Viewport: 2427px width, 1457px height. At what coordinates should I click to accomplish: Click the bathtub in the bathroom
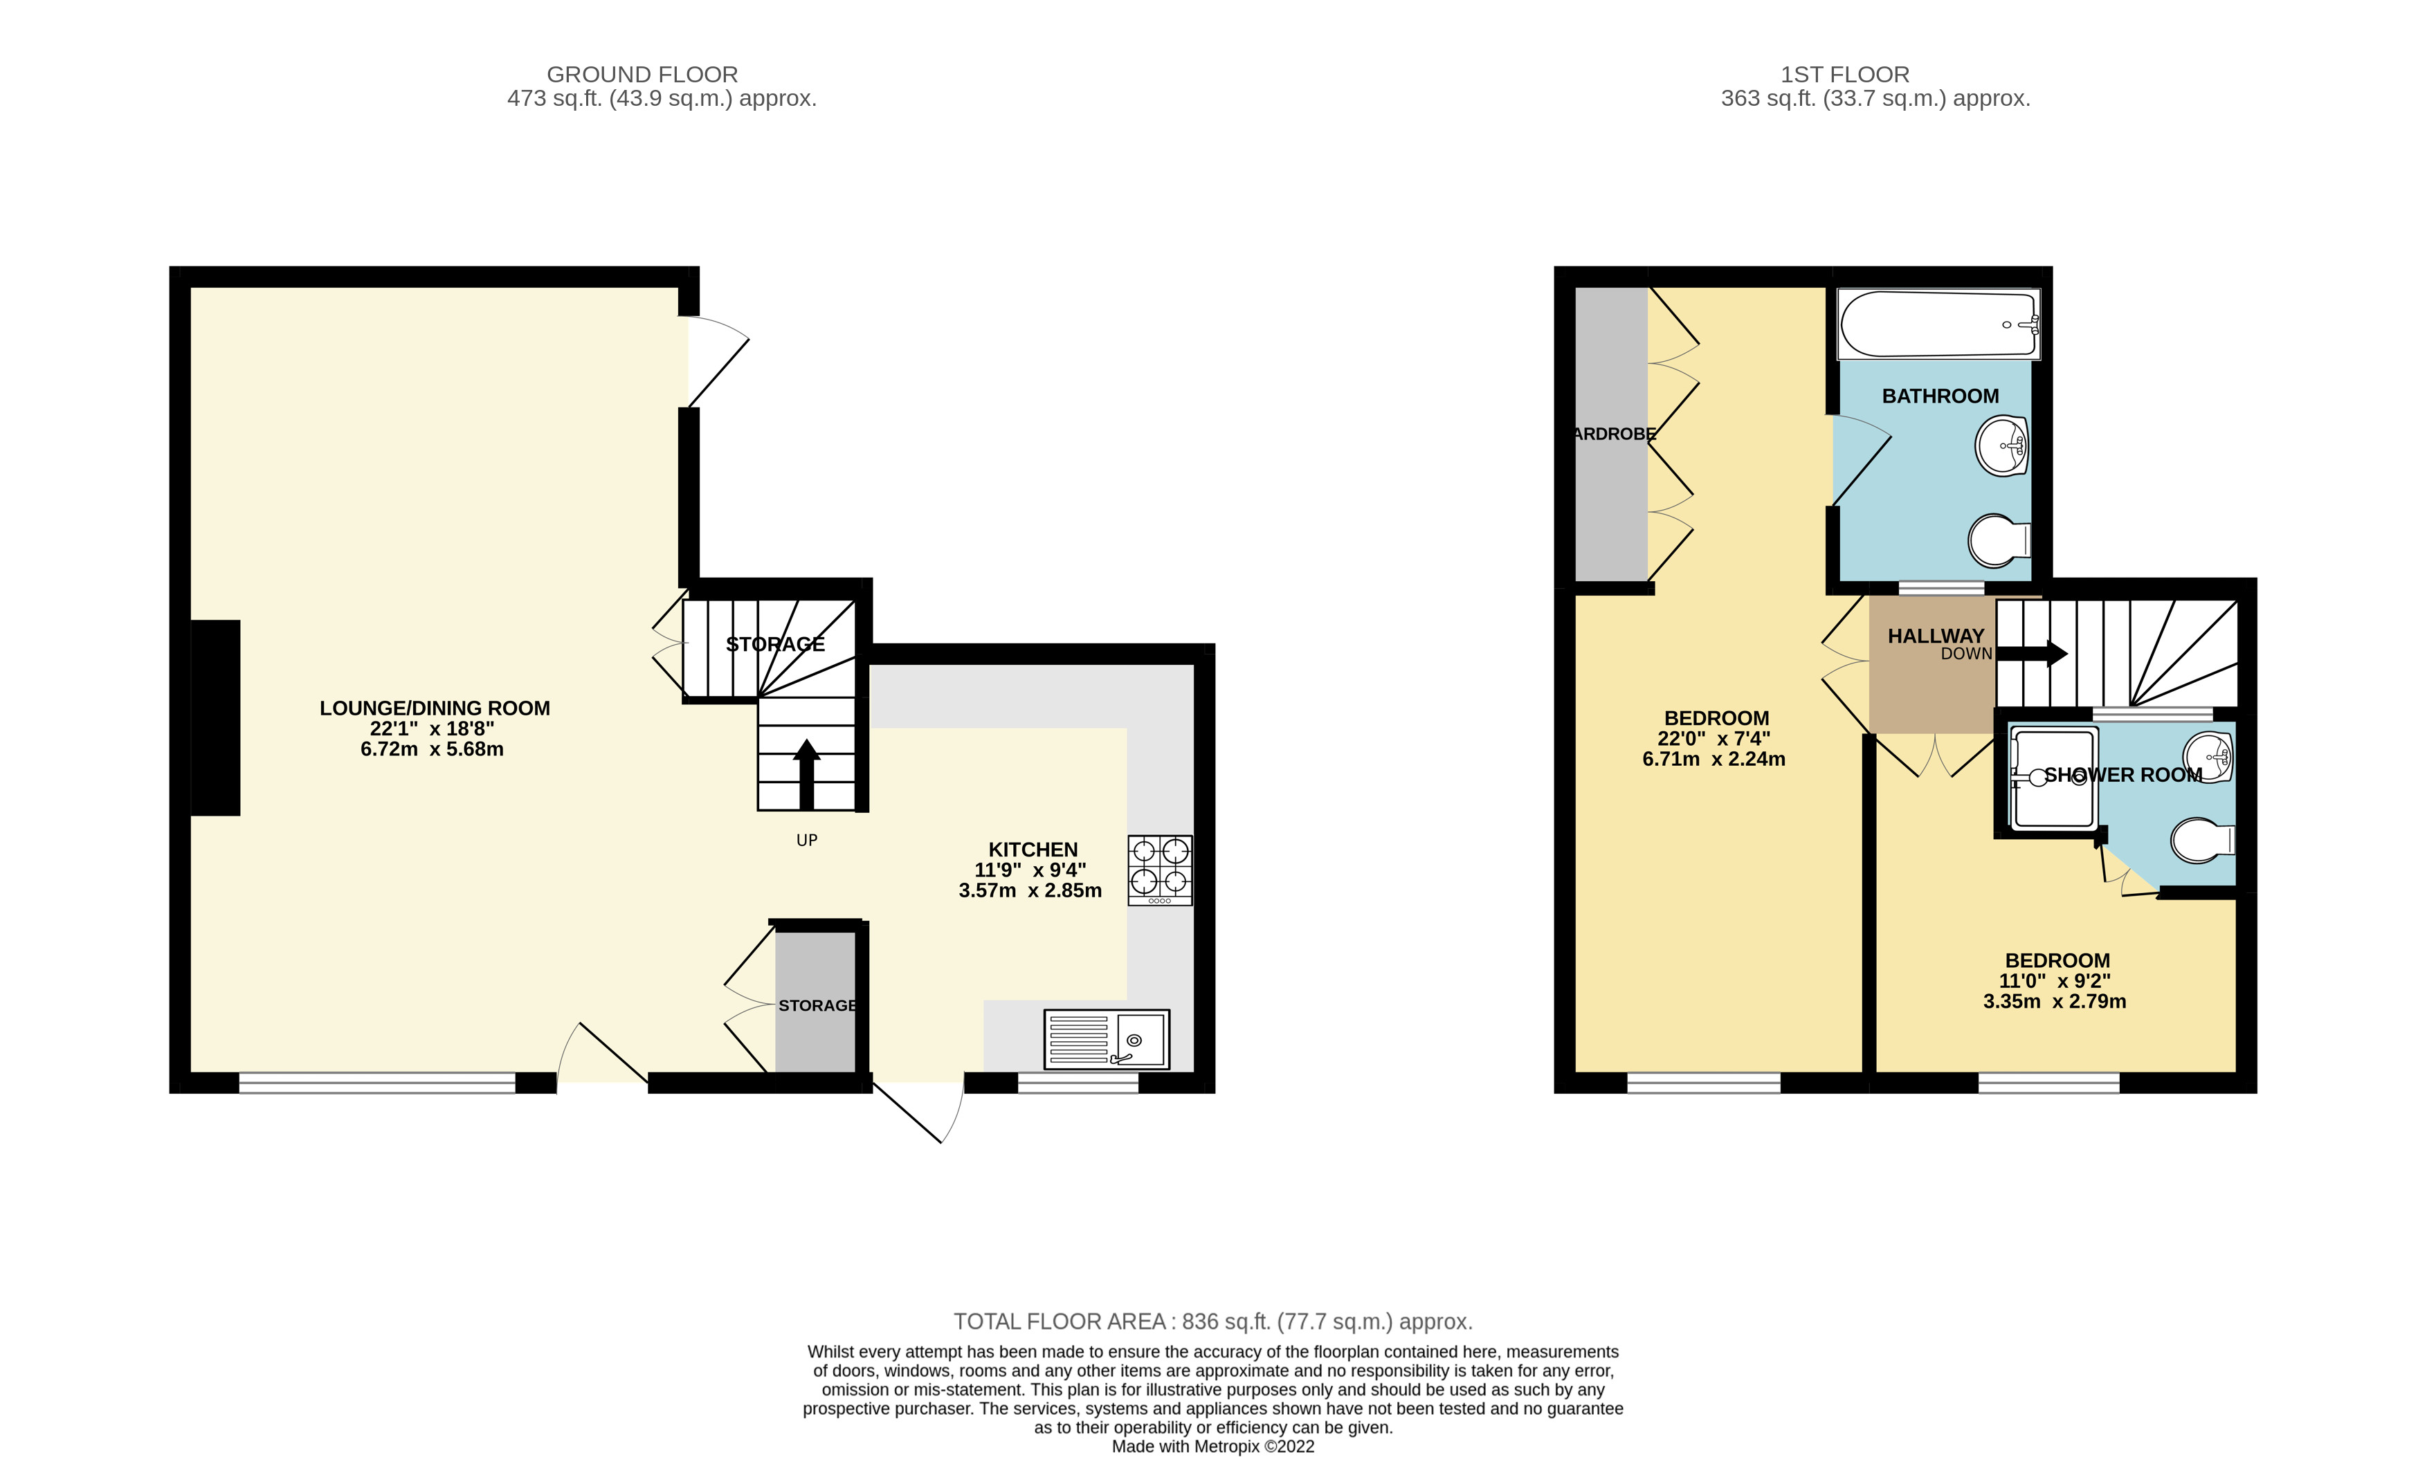(1938, 324)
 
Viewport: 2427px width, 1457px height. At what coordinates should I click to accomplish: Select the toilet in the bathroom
(1998, 541)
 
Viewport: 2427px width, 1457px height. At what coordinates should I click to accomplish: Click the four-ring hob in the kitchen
(1159, 869)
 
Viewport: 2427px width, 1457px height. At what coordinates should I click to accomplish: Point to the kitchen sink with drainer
(1107, 1038)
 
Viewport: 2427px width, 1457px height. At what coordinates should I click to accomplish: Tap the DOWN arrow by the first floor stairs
(2033, 653)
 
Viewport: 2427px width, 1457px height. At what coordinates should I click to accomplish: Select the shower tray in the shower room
(2052, 780)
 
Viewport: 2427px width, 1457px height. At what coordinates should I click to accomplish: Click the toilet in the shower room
(2202, 841)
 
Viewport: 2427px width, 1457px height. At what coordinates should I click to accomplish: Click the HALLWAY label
(1935, 636)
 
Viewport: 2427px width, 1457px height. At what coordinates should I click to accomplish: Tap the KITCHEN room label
(1033, 850)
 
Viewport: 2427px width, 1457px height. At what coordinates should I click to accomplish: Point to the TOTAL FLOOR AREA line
(1212, 1321)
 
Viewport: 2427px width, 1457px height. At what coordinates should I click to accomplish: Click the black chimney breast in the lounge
(215, 717)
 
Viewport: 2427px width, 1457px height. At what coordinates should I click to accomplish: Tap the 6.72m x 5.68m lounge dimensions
(432, 749)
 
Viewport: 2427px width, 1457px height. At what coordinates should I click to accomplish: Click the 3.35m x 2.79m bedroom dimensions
(2054, 1002)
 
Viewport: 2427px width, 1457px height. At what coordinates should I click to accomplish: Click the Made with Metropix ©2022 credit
(1212, 1446)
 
